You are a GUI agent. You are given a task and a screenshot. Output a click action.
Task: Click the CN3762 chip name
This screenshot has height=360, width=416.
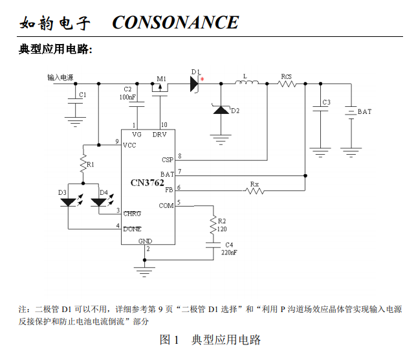pyautogui.click(x=148, y=183)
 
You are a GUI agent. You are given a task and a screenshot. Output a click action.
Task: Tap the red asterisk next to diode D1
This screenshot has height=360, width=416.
pyautogui.click(x=202, y=79)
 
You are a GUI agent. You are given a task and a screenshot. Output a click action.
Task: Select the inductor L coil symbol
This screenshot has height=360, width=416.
pyautogui.click(x=246, y=82)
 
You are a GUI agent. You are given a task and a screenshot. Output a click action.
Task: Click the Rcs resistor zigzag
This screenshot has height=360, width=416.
pyautogui.click(x=287, y=84)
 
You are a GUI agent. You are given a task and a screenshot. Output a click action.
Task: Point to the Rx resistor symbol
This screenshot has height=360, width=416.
pyautogui.click(x=254, y=190)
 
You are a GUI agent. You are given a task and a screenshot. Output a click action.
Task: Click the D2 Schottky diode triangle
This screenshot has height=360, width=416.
pyautogui.click(x=221, y=109)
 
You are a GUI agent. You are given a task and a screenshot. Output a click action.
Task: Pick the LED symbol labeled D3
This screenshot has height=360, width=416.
pyautogui.click(x=69, y=202)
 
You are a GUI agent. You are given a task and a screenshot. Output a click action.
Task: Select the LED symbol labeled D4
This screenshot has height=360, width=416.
pyautogui.click(x=98, y=202)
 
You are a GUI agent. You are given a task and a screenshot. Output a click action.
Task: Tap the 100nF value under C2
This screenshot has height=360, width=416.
pyautogui.click(x=127, y=97)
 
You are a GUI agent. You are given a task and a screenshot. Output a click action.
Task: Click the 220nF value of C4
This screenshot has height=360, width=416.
pyautogui.click(x=229, y=253)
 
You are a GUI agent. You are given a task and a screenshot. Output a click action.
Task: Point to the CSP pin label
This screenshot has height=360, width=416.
pyautogui.click(x=168, y=160)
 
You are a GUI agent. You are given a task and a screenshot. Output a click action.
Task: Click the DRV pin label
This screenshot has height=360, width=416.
pyautogui.click(x=159, y=135)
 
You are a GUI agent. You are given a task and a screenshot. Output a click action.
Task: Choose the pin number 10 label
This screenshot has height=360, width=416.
pyautogui.click(x=164, y=125)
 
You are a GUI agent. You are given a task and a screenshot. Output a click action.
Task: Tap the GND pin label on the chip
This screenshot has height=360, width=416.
pyautogui.click(x=145, y=241)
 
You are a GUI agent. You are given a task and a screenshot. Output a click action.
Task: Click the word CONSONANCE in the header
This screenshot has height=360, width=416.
pyautogui.click(x=175, y=22)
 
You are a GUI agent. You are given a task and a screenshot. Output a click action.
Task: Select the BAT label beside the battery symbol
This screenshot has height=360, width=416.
pyautogui.click(x=364, y=112)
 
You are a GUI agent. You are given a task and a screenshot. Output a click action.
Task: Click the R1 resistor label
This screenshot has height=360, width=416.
pyautogui.click(x=90, y=164)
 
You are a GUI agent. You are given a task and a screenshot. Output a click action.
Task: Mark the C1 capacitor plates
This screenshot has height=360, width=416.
pyautogui.click(x=75, y=101)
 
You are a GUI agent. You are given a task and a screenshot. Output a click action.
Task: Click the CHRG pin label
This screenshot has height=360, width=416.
pyautogui.click(x=132, y=214)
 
